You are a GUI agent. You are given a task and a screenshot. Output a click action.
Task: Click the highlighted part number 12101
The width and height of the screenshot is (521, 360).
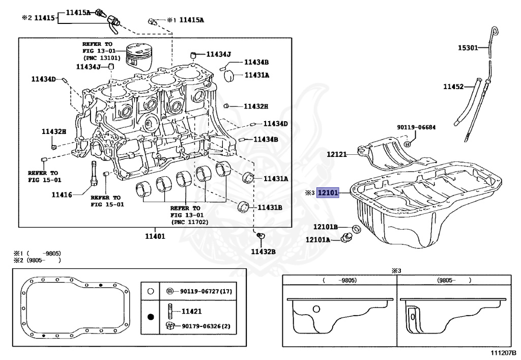tap(328, 193)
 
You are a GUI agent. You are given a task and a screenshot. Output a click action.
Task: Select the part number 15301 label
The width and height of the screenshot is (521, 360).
tap(468, 48)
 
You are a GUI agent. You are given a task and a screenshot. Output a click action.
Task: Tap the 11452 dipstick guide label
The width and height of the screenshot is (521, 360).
tap(453, 87)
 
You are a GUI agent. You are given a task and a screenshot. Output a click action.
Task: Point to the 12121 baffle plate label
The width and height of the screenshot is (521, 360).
tap(336, 153)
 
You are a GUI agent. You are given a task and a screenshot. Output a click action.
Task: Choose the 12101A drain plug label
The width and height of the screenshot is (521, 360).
tap(318, 239)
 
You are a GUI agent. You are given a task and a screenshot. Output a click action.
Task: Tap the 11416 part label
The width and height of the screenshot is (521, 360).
tap(62, 194)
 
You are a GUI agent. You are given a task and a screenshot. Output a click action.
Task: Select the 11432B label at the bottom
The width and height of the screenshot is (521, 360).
tap(263, 251)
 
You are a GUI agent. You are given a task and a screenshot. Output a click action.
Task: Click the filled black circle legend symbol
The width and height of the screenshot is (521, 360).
tap(150, 317)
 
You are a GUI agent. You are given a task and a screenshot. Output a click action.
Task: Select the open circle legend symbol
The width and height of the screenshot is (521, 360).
tap(150, 292)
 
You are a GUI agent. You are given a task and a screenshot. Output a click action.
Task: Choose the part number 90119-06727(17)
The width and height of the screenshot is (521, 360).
tap(206, 292)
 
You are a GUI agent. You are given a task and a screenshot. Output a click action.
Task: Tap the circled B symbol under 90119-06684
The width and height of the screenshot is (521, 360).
tap(407, 145)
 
